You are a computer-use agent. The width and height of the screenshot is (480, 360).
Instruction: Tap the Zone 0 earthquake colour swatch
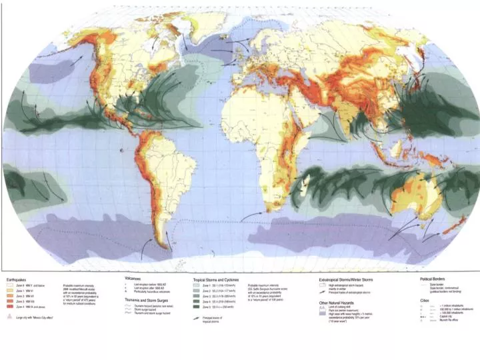9,285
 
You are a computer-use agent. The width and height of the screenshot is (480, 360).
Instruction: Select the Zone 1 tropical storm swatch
198,285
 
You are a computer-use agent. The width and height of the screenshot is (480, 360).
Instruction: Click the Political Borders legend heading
433,279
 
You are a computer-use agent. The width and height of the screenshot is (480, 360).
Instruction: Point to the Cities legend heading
425,299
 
